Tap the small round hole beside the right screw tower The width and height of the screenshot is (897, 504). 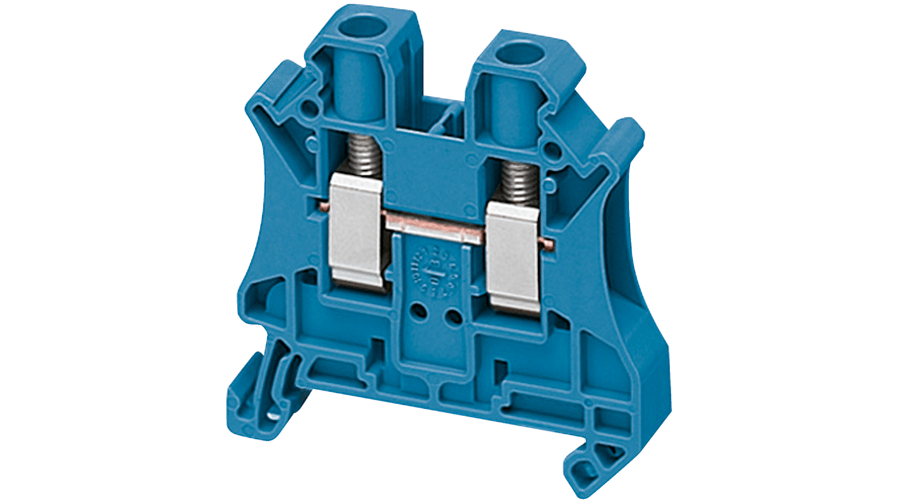551,150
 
